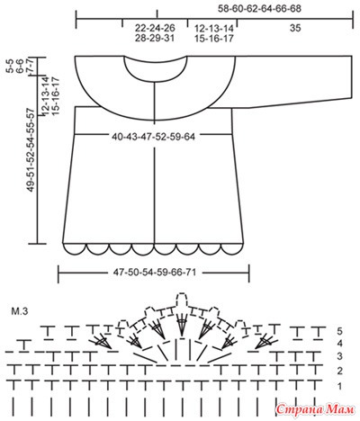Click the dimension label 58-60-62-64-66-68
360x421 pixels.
259,9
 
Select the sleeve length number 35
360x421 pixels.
295,28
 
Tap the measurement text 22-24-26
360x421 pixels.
155,28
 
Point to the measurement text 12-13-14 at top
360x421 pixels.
214,29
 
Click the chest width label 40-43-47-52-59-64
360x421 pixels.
154,137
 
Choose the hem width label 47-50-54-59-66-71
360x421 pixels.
155,273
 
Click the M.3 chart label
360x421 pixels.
20,311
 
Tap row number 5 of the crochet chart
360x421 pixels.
339,331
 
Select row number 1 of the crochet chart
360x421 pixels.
339,387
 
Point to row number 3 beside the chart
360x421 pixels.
339,356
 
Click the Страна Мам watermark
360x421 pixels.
315,409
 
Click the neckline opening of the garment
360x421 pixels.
156,77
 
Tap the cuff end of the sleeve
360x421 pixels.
352,77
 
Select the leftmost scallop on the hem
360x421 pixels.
76,251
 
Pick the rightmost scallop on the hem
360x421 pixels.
232,251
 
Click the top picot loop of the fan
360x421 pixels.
181,296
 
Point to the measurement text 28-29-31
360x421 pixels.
155,39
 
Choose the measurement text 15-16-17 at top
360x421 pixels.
214,39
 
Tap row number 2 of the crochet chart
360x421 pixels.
339,372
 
